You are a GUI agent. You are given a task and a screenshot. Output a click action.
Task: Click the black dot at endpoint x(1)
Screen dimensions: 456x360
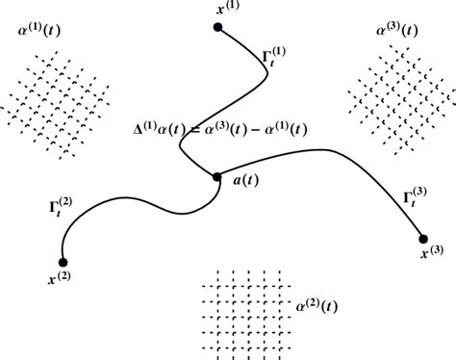[x=218, y=28]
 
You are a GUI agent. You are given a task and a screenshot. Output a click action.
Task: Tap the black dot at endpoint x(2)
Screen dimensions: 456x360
[x=63, y=261]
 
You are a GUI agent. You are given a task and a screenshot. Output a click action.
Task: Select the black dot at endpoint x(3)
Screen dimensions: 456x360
[x=422, y=238]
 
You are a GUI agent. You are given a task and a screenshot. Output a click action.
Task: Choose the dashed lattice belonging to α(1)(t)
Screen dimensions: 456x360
[x=57, y=97]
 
